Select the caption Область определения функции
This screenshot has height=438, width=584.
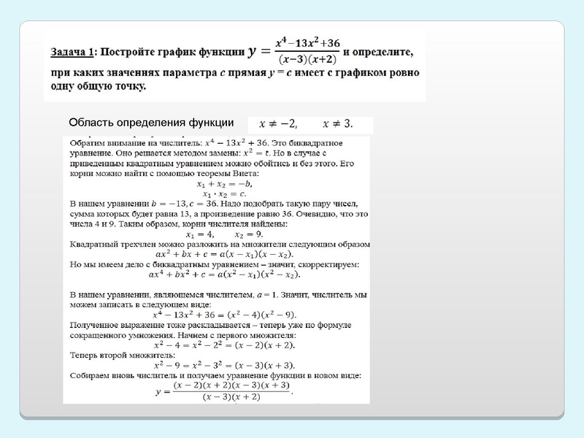pos(151,123)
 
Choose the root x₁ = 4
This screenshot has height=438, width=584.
pos(199,234)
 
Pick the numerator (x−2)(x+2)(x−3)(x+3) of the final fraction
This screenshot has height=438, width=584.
pos(231,385)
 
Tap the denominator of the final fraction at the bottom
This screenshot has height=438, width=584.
pos(231,397)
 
